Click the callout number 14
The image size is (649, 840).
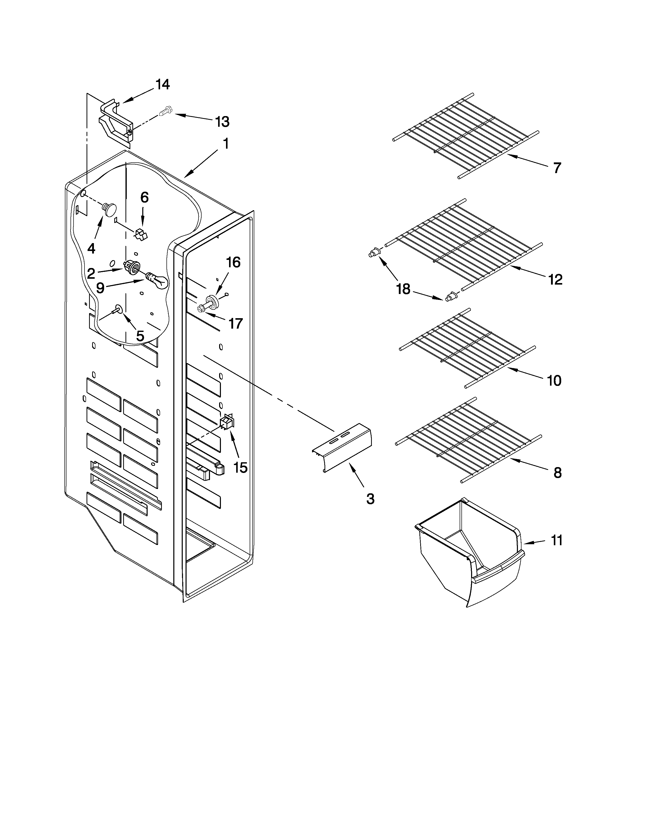pos(163,85)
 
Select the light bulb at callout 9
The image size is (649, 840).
pos(158,281)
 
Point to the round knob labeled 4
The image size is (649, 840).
pos(110,209)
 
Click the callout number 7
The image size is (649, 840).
pos(557,168)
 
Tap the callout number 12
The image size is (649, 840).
pos(555,279)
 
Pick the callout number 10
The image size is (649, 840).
pos(554,381)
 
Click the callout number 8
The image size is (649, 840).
pos(557,473)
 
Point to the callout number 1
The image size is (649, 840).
pos(226,144)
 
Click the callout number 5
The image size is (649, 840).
pos(140,336)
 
